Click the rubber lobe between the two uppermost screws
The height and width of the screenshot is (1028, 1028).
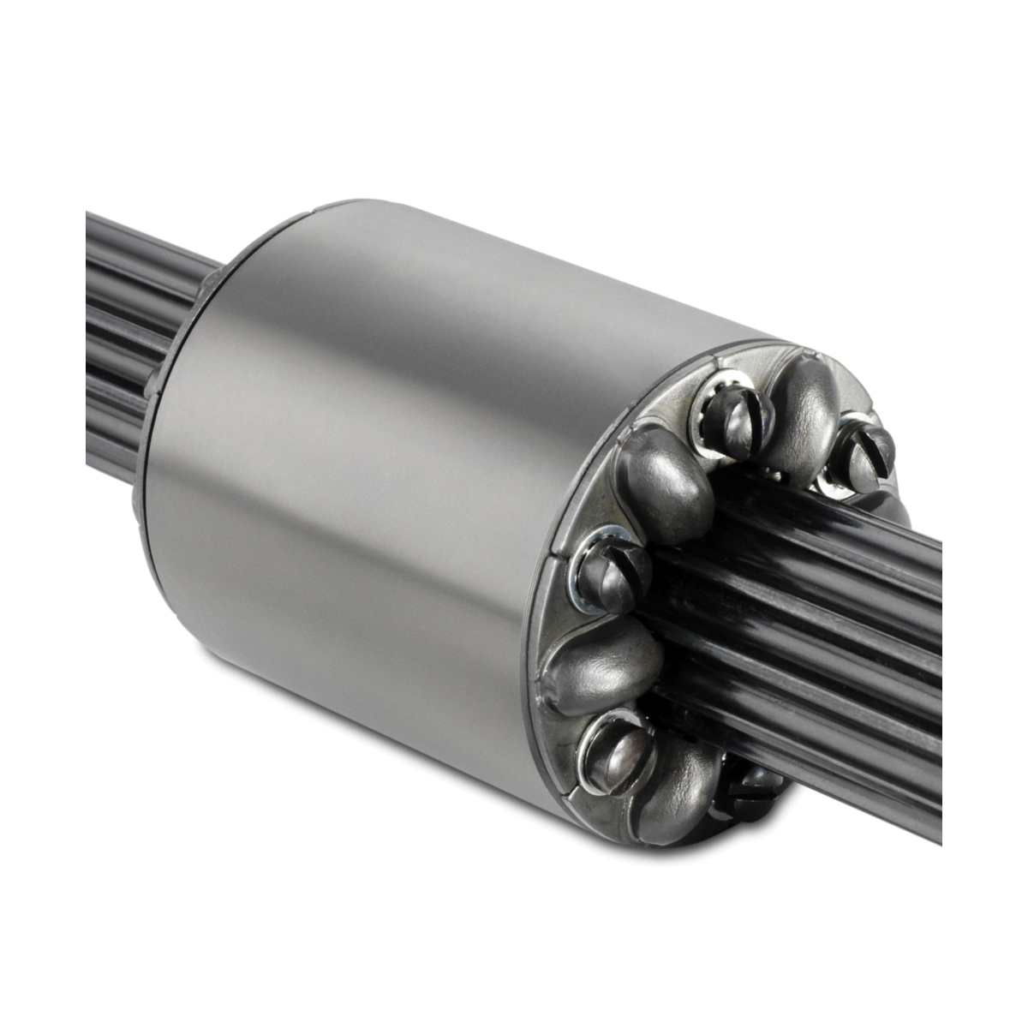click(801, 403)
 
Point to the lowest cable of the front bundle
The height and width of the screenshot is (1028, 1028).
click(857, 754)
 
